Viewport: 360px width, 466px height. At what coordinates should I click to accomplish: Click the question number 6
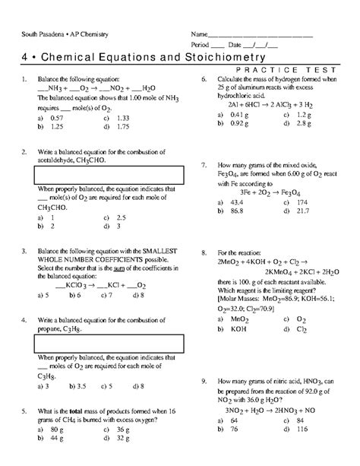pos(204,80)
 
